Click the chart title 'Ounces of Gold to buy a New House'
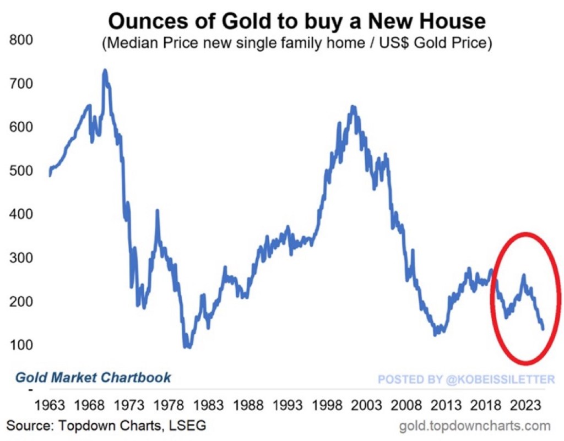(x=297, y=21)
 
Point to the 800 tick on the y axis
(x=21, y=40)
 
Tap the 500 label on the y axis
(x=21, y=171)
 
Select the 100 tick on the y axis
(x=21, y=345)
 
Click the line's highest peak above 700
(x=105, y=70)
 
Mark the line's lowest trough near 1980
(x=188, y=346)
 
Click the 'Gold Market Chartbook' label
(x=93, y=378)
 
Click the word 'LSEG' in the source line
(x=188, y=426)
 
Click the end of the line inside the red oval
(x=543, y=329)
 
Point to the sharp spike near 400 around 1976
(x=158, y=211)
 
